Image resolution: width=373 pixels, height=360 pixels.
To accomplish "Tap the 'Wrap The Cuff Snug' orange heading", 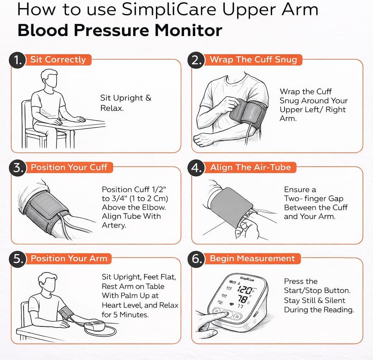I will (x=253, y=60).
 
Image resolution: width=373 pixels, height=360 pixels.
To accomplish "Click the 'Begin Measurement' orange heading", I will (x=252, y=258).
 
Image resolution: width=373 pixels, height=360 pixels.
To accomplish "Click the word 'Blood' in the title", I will (x=43, y=30).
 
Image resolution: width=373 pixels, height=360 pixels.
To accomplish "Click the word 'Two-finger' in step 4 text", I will (x=314, y=199).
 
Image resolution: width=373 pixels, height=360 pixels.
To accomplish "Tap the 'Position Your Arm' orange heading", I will (x=69, y=258).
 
